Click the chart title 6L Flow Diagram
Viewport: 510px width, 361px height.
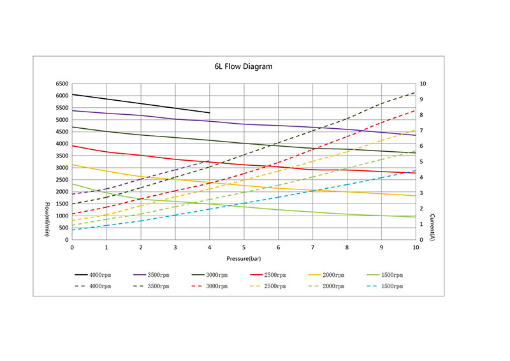244,66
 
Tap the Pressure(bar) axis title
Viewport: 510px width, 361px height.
244,258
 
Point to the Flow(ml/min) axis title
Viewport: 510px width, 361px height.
48,219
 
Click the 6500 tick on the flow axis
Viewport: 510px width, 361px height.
61,84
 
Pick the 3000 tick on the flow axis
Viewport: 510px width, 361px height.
61,168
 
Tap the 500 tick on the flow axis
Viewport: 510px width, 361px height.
63,228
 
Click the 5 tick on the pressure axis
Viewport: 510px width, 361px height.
244,247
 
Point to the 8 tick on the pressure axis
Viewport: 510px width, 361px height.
347,247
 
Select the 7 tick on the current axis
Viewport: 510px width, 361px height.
422,131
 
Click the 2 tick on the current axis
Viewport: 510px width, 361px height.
422,209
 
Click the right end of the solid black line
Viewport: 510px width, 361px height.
210,113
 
